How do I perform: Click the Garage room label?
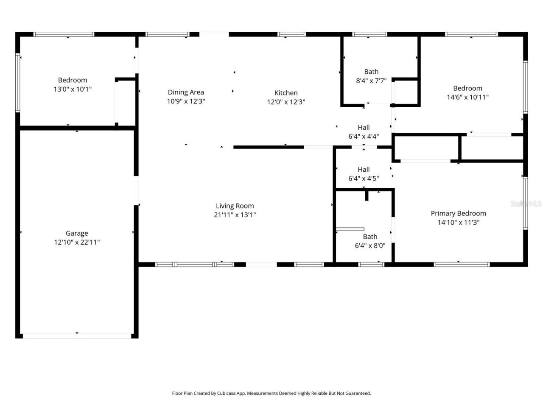pos(77,233)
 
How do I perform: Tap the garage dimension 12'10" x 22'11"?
pos(77,243)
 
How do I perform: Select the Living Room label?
pos(235,206)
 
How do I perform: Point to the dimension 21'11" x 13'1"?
pos(235,215)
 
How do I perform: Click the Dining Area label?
pos(186,92)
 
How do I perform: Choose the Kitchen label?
pos(286,93)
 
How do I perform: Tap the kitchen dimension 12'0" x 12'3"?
pos(286,102)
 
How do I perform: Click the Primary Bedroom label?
pos(458,213)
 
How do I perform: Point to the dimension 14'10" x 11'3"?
pos(458,222)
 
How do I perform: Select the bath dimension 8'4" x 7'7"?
pos(371,81)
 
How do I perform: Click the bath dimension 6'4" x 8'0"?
pos(370,245)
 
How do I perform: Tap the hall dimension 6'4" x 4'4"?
pos(364,137)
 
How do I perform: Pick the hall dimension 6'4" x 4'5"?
pos(364,178)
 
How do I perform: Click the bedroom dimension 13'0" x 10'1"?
pos(73,89)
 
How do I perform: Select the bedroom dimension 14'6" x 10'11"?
pos(467,97)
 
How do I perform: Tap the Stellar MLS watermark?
pos(526,203)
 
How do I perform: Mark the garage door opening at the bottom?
pos(77,336)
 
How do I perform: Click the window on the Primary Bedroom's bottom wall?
pos(462,265)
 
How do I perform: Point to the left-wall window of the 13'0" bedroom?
pos(18,83)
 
